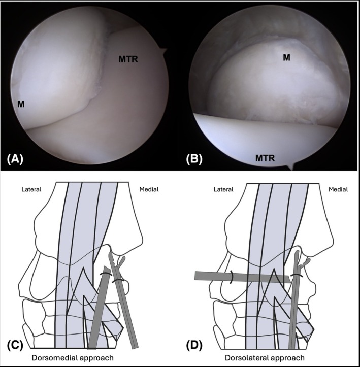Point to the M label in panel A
click(x=24, y=105)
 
